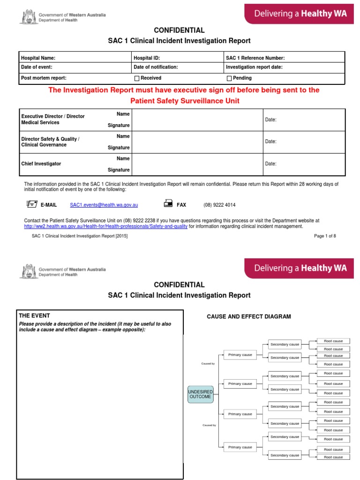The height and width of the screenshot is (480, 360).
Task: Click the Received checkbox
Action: (x=137, y=78)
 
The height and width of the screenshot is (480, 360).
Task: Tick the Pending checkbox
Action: (x=229, y=78)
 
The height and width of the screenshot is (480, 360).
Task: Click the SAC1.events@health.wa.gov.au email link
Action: (x=104, y=205)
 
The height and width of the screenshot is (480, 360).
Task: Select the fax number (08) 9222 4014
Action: (x=219, y=205)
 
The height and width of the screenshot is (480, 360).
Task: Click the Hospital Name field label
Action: (x=38, y=58)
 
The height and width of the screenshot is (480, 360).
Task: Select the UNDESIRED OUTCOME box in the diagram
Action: (x=200, y=394)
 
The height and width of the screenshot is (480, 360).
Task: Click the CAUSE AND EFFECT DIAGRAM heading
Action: (x=249, y=317)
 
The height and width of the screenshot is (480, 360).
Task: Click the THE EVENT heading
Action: (x=34, y=315)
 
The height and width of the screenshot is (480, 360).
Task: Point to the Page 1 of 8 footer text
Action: (x=325, y=236)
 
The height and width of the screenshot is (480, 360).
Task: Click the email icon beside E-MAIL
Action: (x=31, y=204)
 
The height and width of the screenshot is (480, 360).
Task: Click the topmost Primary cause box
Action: (x=240, y=355)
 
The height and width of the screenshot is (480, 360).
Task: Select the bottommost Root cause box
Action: (x=333, y=457)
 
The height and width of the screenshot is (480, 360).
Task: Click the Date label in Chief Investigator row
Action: (x=270, y=164)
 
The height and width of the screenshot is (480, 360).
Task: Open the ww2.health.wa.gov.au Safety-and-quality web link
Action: (x=106, y=226)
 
